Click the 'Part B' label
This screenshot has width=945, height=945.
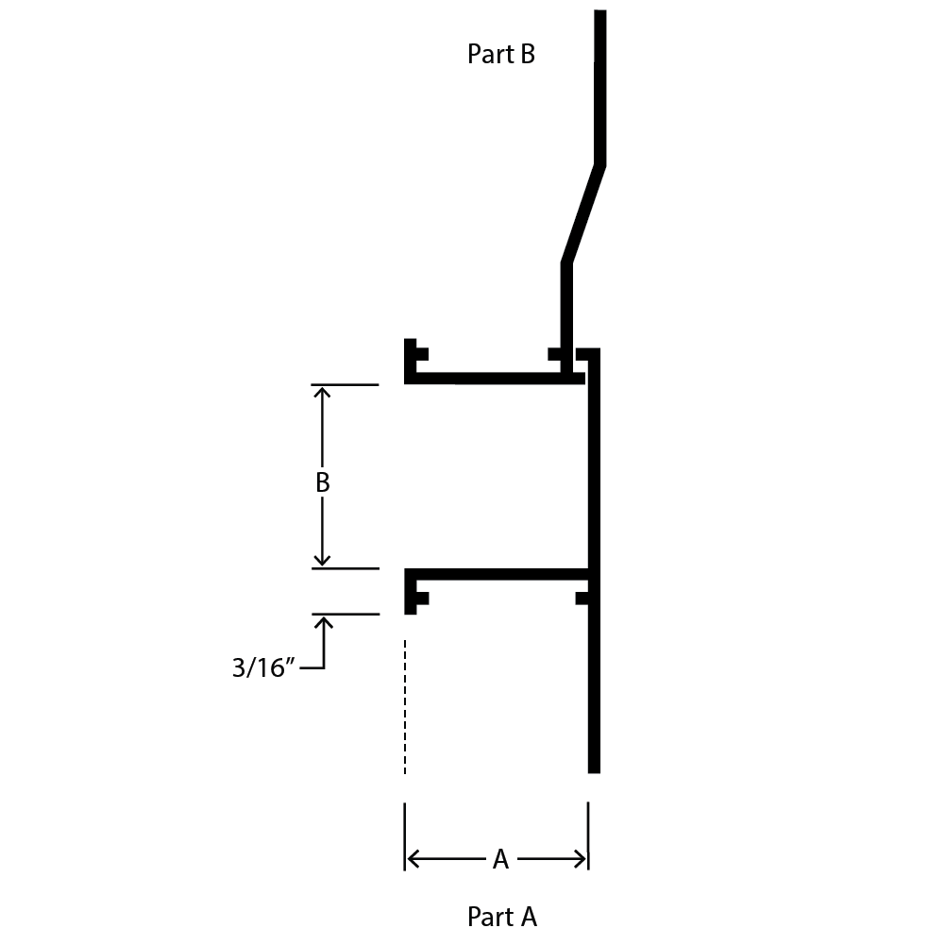501,54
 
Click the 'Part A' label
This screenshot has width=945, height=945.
501,917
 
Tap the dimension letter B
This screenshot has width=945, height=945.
323,482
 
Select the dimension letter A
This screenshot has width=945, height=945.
500,859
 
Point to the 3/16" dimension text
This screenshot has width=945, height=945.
262,667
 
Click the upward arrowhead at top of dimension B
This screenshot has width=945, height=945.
323,393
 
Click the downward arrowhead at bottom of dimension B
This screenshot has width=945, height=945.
323,560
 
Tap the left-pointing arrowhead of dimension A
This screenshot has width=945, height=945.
413,859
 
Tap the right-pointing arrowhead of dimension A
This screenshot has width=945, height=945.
580,859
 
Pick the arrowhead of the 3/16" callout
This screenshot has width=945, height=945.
324,623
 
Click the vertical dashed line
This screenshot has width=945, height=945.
405,706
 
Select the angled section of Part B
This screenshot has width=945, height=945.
583,213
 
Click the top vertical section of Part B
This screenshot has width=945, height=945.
600,87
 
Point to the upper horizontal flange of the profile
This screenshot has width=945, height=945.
494,379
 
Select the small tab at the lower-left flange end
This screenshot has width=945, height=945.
422,599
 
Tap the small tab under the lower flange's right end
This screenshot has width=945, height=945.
582,599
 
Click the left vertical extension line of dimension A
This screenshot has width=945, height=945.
404,836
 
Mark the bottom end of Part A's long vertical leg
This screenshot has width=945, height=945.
594,772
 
